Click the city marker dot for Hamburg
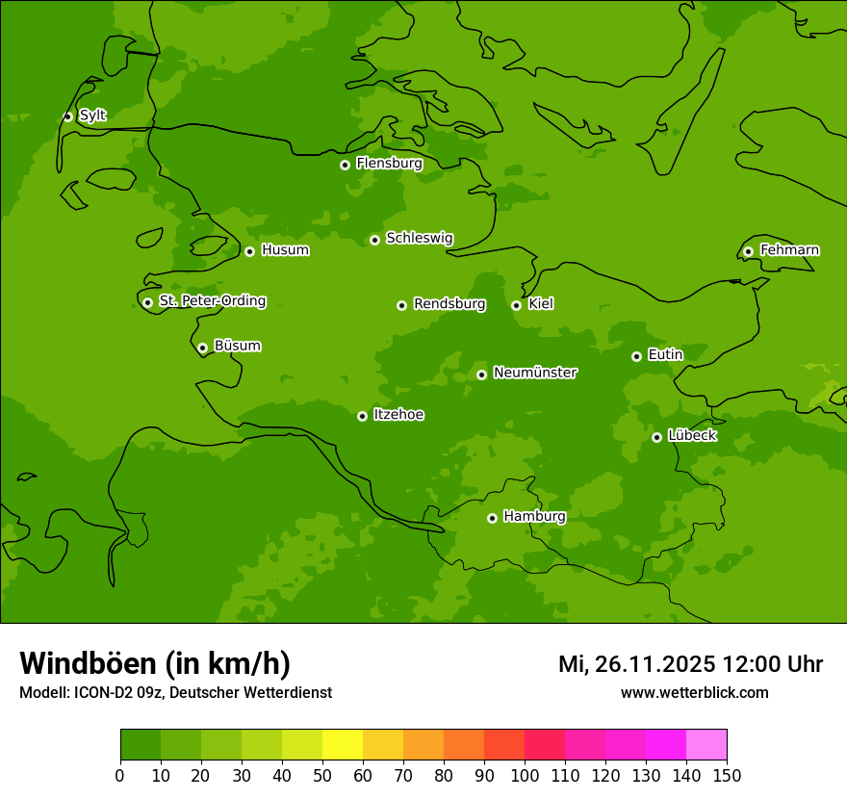point(492,518)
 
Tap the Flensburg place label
point(389,164)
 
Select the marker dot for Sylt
point(67,116)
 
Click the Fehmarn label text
point(789,250)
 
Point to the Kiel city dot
point(516,305)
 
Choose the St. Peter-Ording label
point(212,301)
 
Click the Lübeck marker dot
point(656,437)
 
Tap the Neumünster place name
point(535,373)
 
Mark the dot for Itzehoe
point(362,416)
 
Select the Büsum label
point(237,346)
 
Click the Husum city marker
point(249,251)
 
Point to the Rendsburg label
point(449,304)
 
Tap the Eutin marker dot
point(636,356)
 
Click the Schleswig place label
point(419,238)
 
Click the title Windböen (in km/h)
point(155,663)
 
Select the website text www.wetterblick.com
point(694,692)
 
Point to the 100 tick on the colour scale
point(525,774)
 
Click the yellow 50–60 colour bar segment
point(343,745)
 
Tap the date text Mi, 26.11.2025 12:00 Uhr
point(690,664)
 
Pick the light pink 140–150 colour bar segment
point(706,745)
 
